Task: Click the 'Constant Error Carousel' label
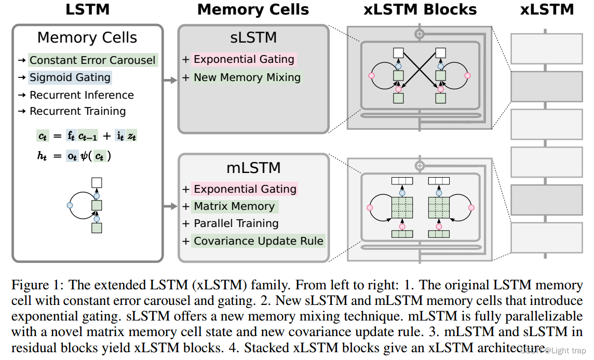point(92,60)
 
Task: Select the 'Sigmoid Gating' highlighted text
point(70,77)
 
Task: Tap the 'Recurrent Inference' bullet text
point(82,95)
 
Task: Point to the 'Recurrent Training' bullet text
point(77,111)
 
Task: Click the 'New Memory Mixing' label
point(247,77)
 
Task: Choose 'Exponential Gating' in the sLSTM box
point(244,59)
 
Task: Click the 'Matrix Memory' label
point(234,206)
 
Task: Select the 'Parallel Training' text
point(236,223)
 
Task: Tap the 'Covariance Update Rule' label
point(259,241)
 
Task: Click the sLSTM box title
point(253,37)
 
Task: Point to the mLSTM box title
point(254,167)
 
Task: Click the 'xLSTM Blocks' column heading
point(420,9)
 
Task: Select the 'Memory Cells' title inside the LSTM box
point(87,37)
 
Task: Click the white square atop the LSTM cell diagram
point(97,182)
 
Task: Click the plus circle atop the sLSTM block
point(420,34)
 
